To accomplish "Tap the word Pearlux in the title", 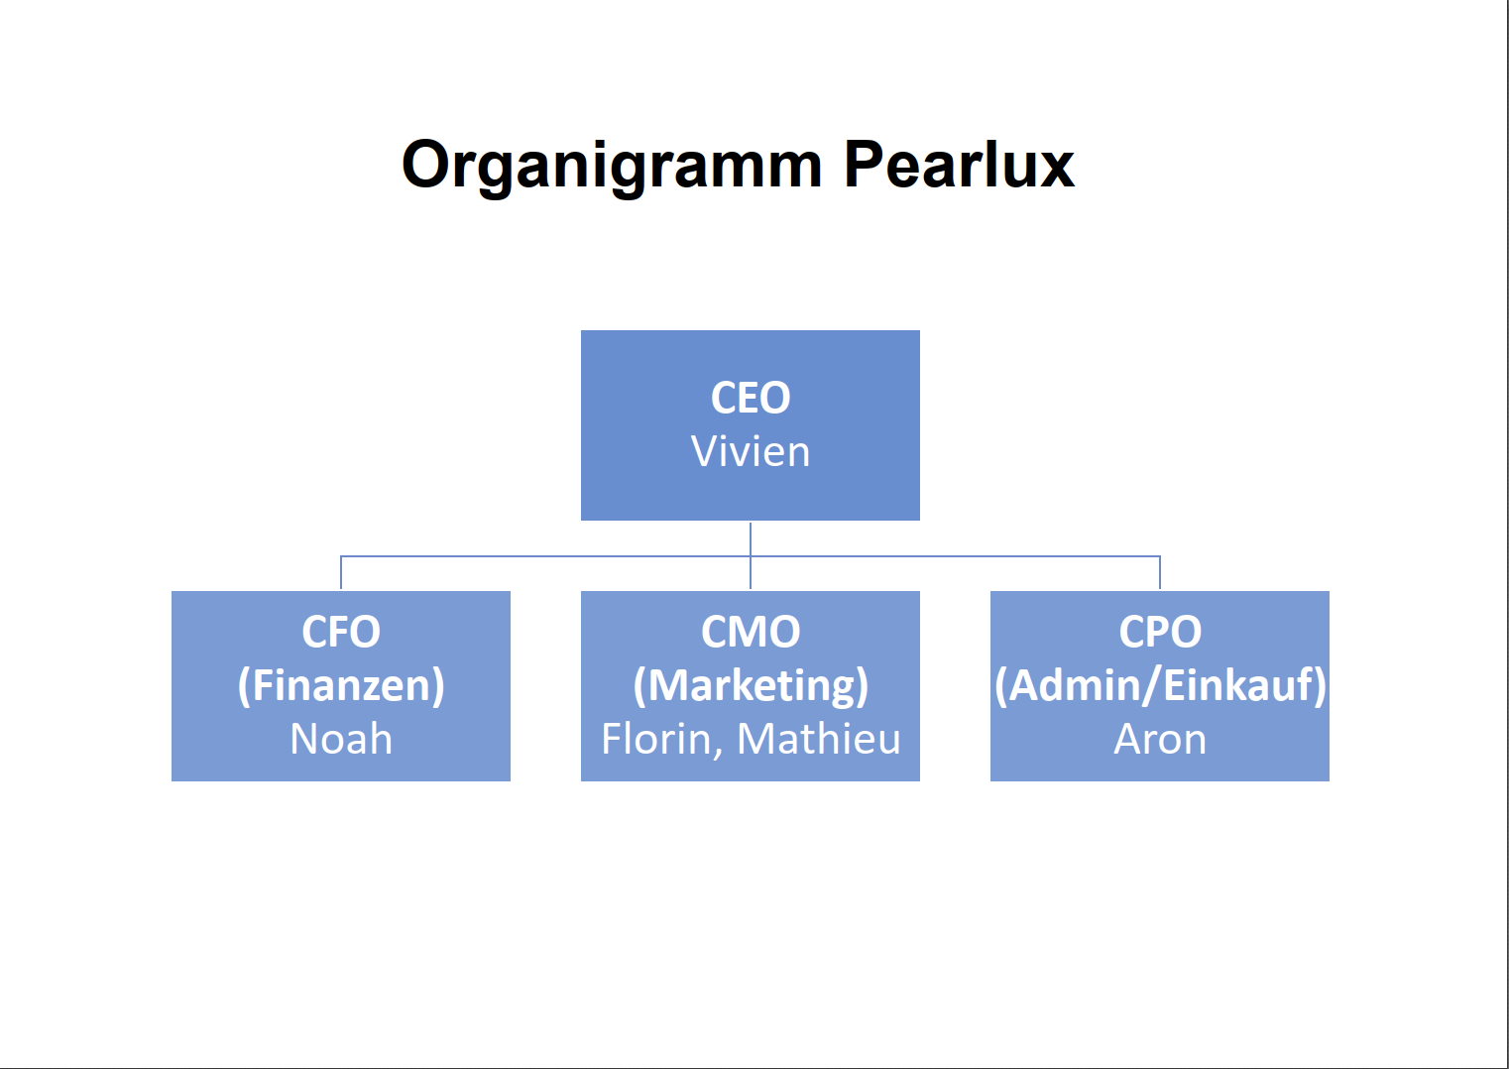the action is pyautogui.click(x=959, y=164).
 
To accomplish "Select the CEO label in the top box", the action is pyautogui.click(x=751, y=398).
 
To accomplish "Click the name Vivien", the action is pyautogui.click(x=751, y=450).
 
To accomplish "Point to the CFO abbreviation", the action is pyautogui.click(x=341, y=632).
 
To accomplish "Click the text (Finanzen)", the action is pyautogui.click(x=341, y=685).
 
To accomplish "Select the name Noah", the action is pyautogui.click(x=341, y=738).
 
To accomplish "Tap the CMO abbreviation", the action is pyautogui.click(x=751, y=632).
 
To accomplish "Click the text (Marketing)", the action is pyautogui.click(x=751, y=685).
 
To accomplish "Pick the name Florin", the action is pyautogui.click(x=657, y=738).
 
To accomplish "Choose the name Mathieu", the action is pyautogui.click(x=819, y=738).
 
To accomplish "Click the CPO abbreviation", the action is pyautogui.click(x=1160, y=632).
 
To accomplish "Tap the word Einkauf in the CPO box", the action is pyautogui.click(x=1238, y=685).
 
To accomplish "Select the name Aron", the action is pyautogui.click(x=1160, y=739).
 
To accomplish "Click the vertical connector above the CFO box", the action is pyautogui.click(x=341, y=572).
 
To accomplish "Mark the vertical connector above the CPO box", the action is pyautogui.click(x=1160, y=572).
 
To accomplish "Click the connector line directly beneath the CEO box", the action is pyautogui.click(x=751, y=555).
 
